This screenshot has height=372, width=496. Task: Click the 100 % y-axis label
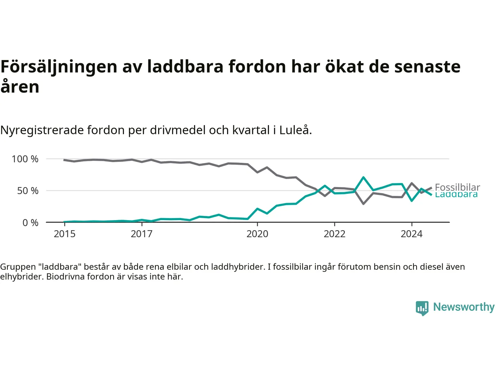25,159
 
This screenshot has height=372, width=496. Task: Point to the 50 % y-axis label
28,191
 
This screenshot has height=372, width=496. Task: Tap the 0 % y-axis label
31,223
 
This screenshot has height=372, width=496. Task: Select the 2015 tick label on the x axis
65,234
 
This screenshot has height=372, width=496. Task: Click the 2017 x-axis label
142,234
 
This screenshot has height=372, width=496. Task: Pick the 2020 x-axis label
257,234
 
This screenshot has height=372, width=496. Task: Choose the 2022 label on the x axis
334,234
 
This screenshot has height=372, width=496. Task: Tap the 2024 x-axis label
412,234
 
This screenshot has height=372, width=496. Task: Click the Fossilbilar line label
457,187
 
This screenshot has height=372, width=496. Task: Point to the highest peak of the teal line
363,177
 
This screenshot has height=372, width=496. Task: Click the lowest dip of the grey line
363,203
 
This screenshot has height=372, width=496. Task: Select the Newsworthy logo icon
422,308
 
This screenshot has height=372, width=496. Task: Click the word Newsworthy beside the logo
464,307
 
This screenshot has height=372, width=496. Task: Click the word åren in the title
20,87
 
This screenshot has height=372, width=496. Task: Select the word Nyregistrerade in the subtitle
42,130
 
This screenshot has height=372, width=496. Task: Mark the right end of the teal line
431,195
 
